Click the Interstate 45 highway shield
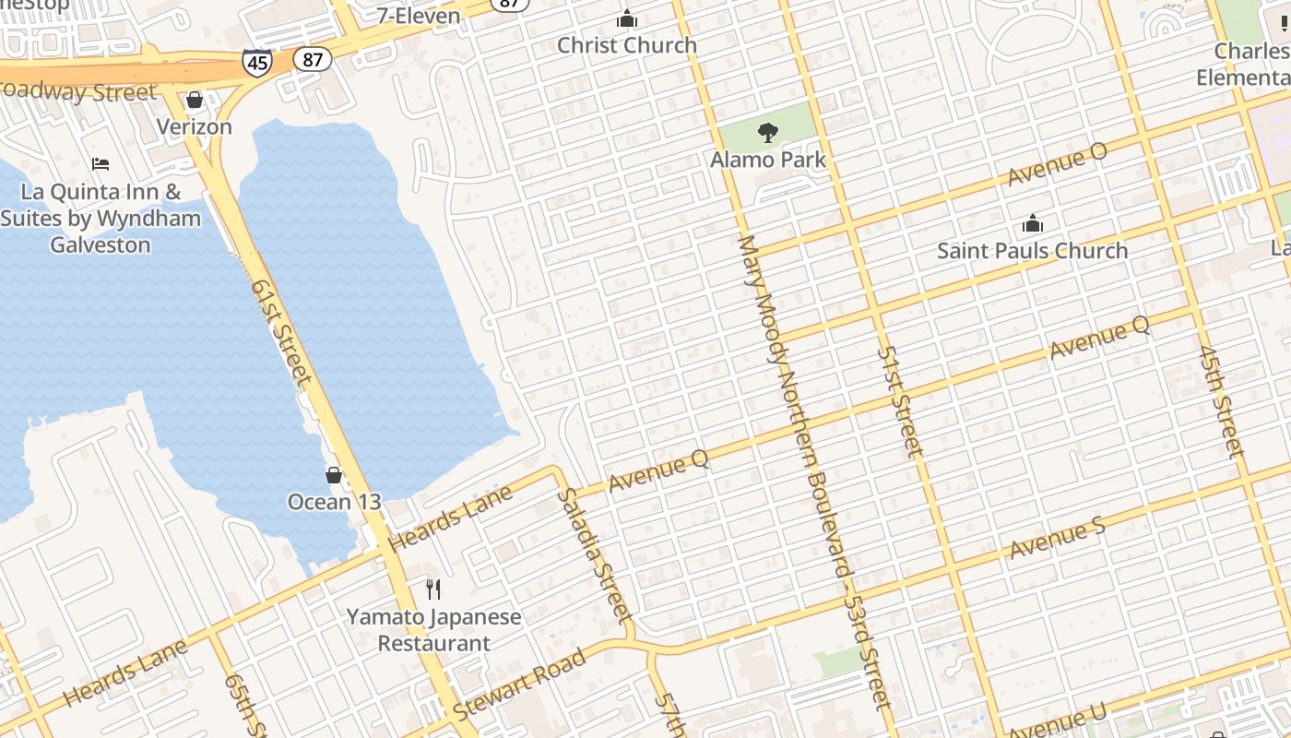(257, 62)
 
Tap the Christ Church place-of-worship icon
(627, 18)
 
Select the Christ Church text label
(627, 45)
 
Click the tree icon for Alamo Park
(767, 133)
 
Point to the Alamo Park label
(767, 160)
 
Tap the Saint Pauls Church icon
(1032, 223)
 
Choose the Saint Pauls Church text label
(1032, 250)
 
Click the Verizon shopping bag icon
(194, 100)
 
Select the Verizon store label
(194, 126)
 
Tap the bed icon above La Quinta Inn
(101, 164)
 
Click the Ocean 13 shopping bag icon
(334, 475)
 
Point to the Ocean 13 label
(334, 502)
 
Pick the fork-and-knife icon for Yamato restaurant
(433, 589)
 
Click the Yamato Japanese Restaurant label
(433, 630)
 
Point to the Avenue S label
(1057, 540)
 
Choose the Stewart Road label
(519, 685)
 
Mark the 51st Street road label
(899, 401)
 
